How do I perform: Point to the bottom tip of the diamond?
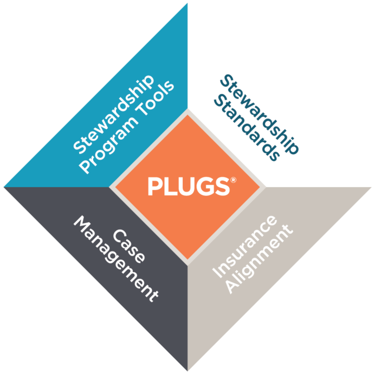pyautogui.click(x=187, y=371)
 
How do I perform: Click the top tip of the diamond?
pyautogui.click(x=187, y=3)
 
